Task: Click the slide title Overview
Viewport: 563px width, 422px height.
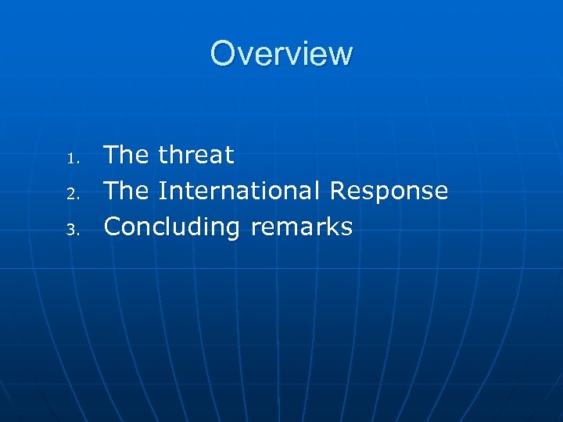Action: [x=281, y=53]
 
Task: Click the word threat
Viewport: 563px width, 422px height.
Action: [x=195, y=155]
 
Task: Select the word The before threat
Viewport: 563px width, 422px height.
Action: [x=126, y=155]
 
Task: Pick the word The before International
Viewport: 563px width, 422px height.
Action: [x=126, y=191]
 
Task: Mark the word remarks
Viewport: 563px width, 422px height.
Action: [x=302, y=227]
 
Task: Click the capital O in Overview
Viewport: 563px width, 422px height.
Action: [x=222, y=53]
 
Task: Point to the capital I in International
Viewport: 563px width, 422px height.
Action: [x=162, y=191]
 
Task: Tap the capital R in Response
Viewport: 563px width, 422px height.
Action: [x=337, y=191]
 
